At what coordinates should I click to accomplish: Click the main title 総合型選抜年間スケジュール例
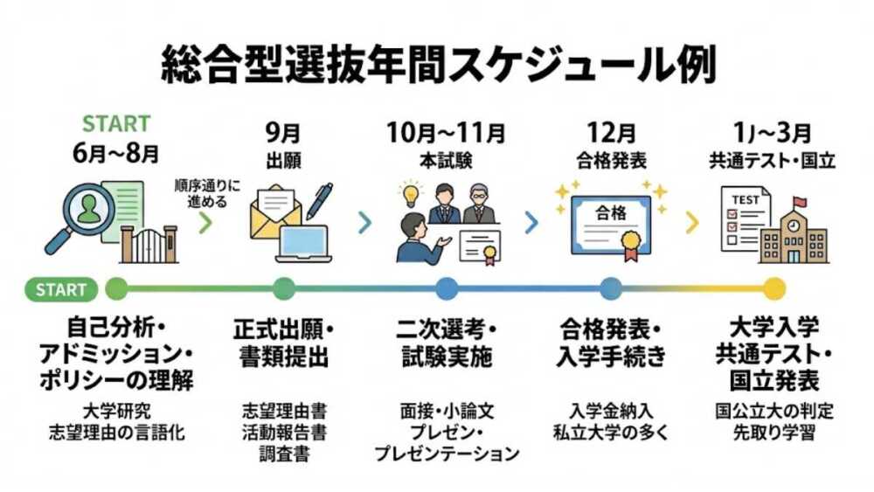(x=438, y=65)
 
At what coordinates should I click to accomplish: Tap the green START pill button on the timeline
(x=62, y=288)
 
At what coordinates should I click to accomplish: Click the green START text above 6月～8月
(x=116, y=123)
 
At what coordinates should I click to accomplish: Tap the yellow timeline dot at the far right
(x=773, y=288)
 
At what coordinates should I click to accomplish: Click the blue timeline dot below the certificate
(x=610, y=288)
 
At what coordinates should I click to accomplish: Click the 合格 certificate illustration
(x=610, y=222)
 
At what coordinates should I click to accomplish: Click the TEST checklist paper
(x=744, y=218)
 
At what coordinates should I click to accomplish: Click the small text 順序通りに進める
(x=206, y=194)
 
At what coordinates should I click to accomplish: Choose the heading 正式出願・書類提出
(x=283, y=343)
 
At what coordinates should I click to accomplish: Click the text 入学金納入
(x=609, y=410)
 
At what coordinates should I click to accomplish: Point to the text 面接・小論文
(x=447, y=410)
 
